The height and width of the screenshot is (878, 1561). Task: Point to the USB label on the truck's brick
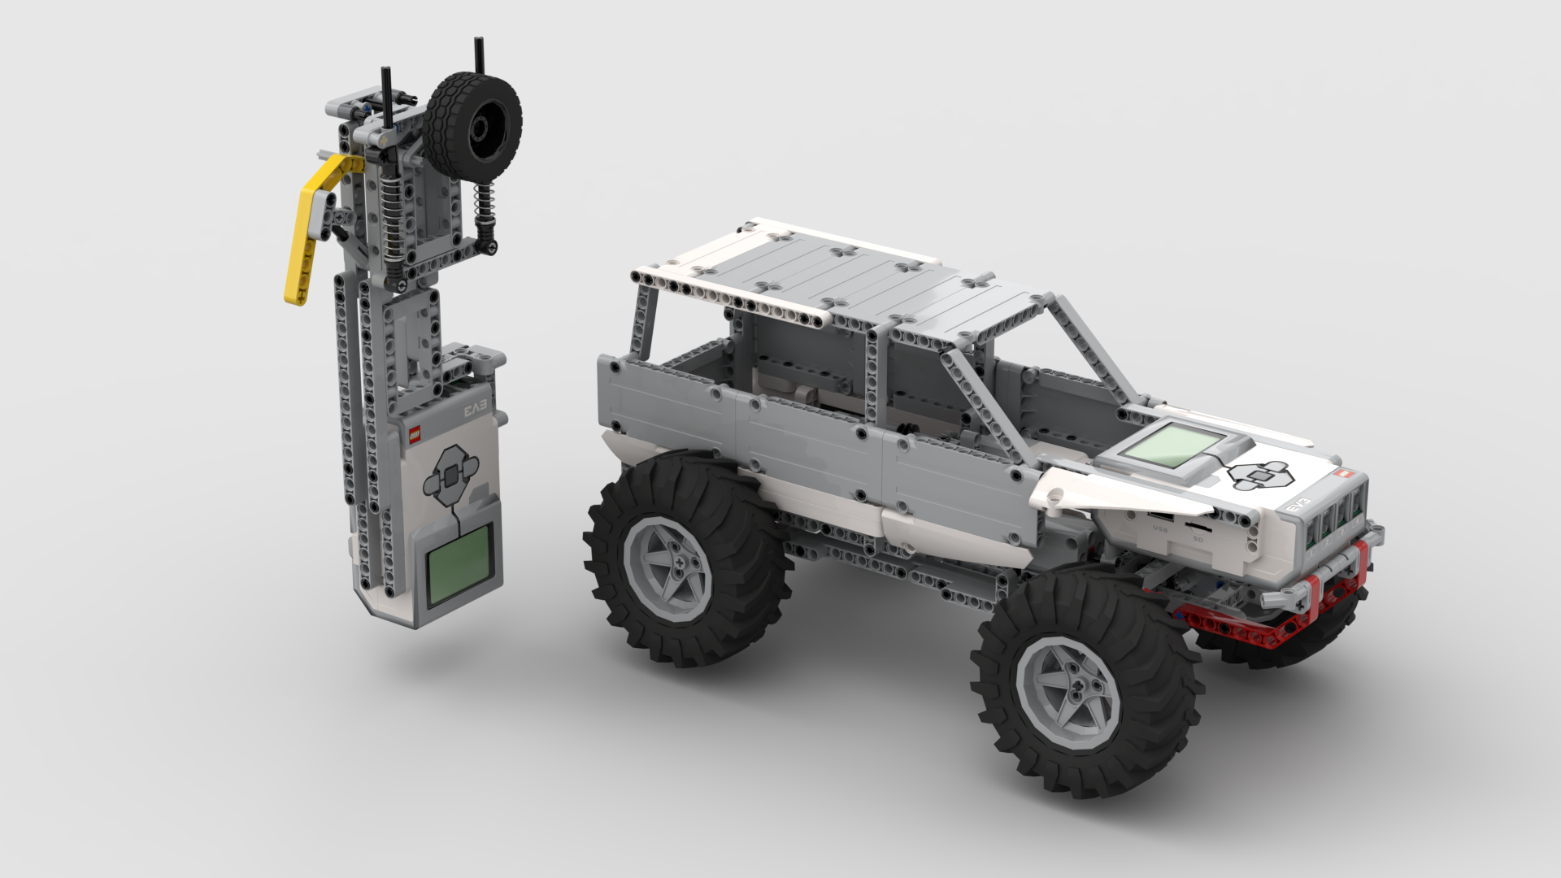1160,529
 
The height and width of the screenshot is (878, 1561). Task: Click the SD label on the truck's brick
1198,539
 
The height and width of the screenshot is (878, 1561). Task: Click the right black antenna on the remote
479,56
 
